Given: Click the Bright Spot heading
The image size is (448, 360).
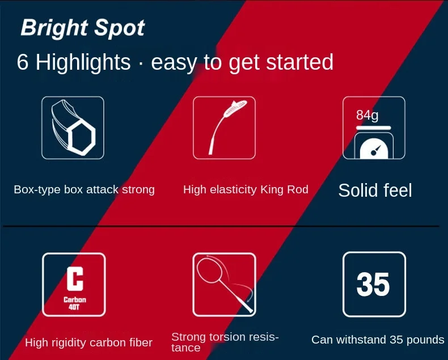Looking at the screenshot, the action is point(83,28).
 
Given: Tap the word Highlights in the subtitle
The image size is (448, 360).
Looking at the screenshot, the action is point(83,62).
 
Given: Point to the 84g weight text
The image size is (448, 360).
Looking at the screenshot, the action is point(367,116).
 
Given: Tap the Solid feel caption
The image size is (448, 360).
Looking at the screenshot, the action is point(375,190).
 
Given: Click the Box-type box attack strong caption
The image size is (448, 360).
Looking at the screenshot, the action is point(84,190).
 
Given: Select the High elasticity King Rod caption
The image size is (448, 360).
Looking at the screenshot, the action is point(246,190).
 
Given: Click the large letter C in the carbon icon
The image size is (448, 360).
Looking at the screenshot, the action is point(75,278).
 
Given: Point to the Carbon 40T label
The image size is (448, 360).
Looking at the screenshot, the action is point(74,303).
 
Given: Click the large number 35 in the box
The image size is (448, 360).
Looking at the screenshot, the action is point(373,284).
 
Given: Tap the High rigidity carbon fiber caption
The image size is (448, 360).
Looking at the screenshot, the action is point(88,342).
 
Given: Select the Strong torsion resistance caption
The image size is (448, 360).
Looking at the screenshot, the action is point(225,342).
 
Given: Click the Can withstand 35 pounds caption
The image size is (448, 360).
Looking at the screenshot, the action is point(378,340).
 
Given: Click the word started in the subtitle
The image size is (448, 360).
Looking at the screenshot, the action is point(300,62).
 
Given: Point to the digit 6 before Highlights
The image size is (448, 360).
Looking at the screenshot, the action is point(23,62).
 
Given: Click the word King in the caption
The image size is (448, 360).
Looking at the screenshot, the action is point(270,190).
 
